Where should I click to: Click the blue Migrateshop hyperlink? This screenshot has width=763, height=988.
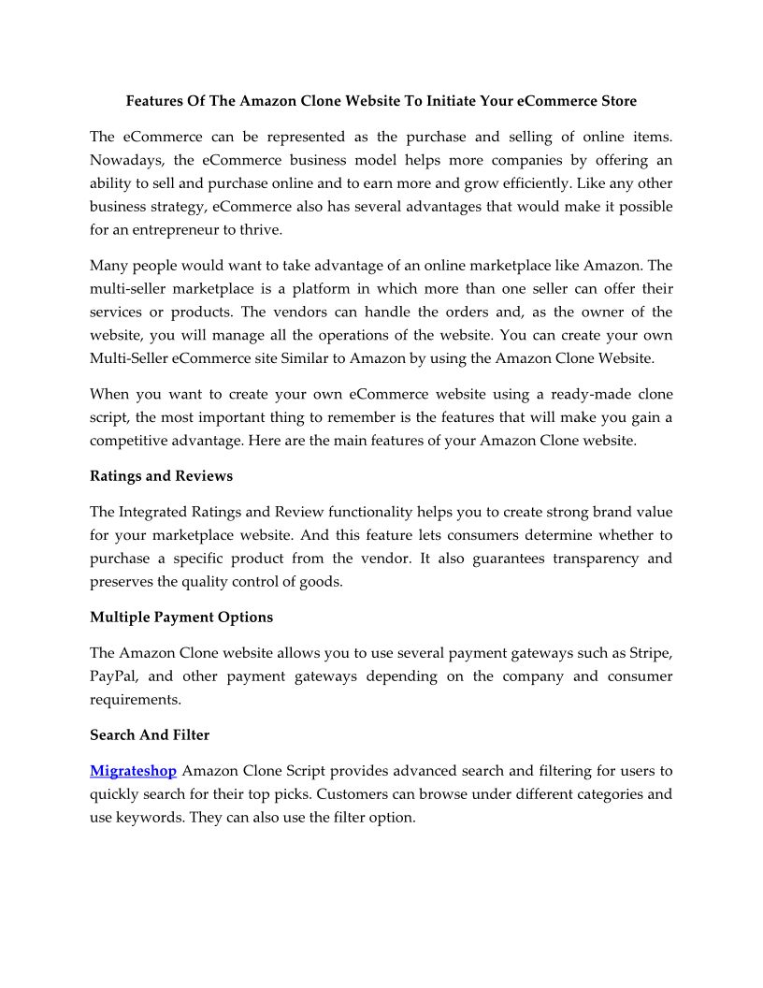[133, 771]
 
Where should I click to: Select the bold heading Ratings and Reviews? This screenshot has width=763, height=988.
[161, 476]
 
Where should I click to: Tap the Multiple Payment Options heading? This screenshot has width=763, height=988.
[181, 617]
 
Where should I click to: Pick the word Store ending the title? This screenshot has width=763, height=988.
[617, 100]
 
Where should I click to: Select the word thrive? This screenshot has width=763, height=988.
[238, 228]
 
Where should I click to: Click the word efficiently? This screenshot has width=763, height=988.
[528, 183]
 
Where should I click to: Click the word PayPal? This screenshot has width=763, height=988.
[114, 676]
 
